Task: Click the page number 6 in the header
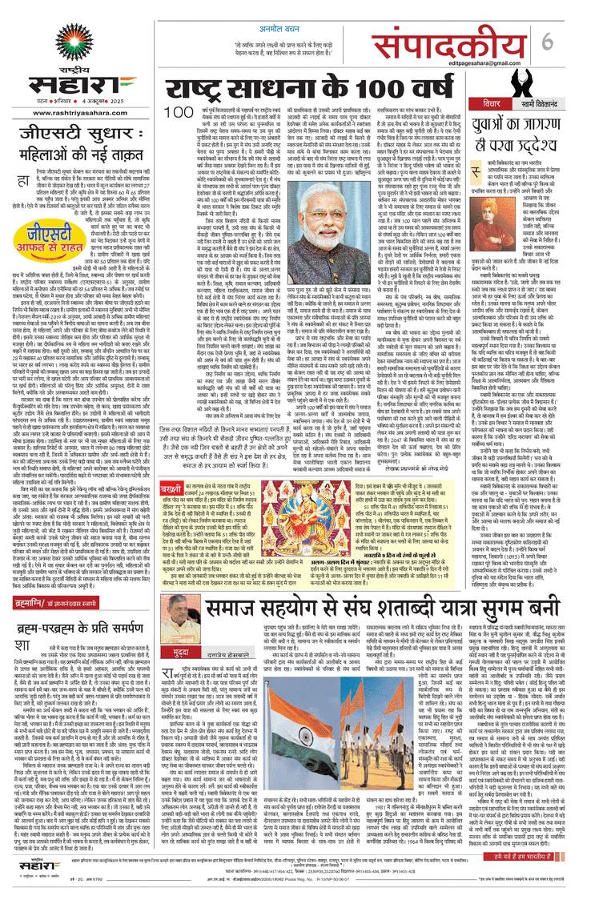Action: (593, 41)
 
